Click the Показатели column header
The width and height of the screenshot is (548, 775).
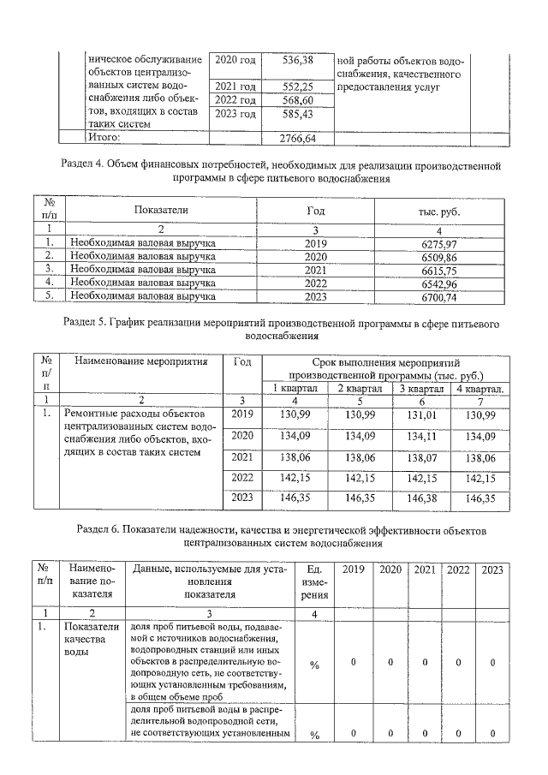click(160, 210)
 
